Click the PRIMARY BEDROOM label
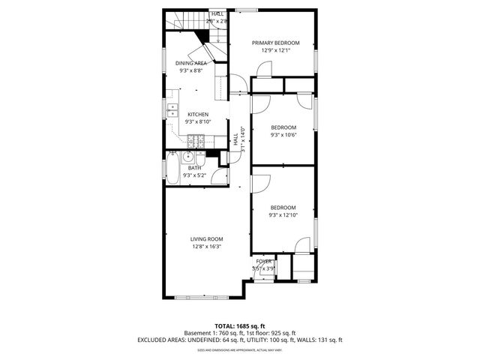coord(275,43)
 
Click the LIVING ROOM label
coord(207,239)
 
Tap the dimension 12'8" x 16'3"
coord(207,247)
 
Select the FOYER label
coord(263,261)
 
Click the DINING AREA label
coord(191,63)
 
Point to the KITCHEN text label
coord(187,114)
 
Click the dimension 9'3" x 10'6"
coord(283,135)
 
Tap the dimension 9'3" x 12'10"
coord(283,215)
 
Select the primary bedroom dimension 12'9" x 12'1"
coord(275,50)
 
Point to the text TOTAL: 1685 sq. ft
coord(240,325)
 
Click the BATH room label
coord(194,168)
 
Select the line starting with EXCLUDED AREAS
coord(240,340)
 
